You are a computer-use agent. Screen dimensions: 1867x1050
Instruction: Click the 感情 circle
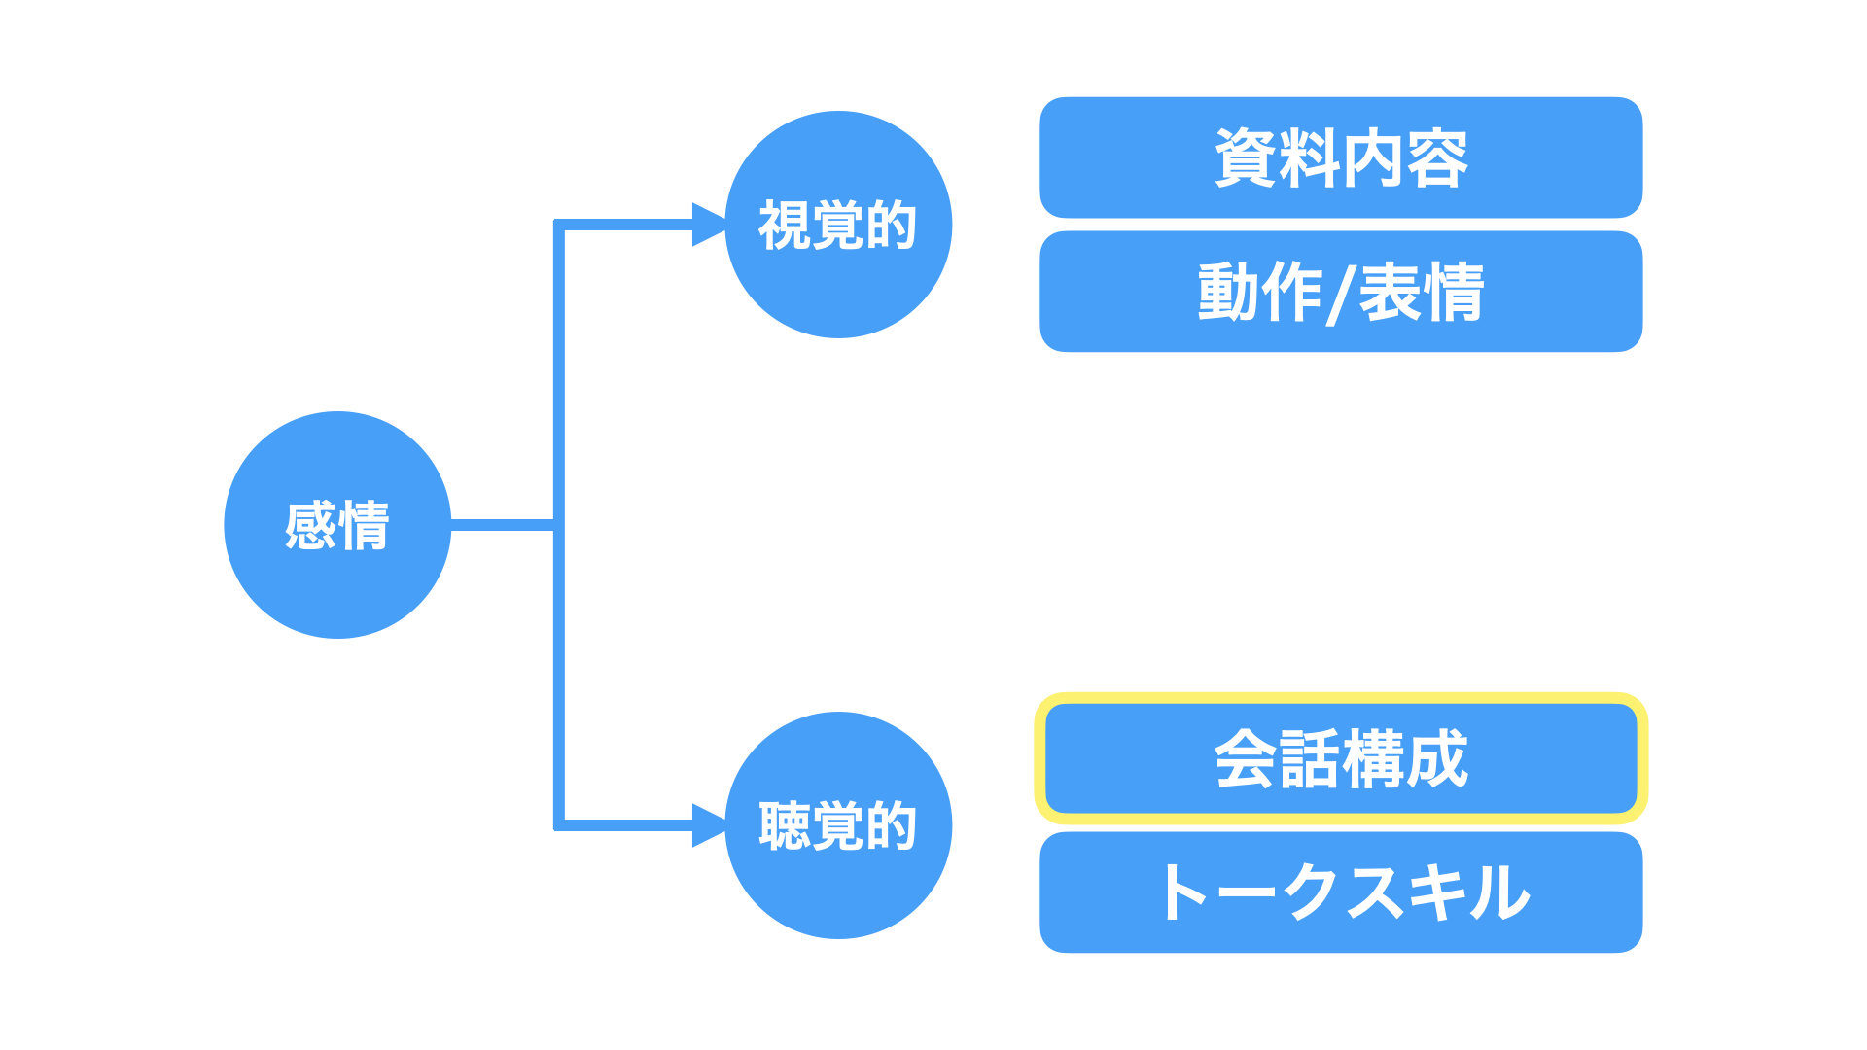pos(337,525)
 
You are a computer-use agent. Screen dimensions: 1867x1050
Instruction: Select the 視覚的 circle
pos(838,225)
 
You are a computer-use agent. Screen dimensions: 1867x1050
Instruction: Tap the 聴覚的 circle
pos(838,825)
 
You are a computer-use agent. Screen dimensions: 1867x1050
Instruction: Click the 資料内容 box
pos(1341,157)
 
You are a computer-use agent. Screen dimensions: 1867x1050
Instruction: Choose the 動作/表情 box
pos(1341,292)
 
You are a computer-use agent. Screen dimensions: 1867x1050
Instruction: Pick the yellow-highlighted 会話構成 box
pos(1341,758)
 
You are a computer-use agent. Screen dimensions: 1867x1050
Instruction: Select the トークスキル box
pos(1341,892)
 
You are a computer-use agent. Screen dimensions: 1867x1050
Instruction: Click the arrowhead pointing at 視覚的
pos(709,225)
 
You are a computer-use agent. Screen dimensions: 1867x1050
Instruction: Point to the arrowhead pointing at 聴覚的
pos(709,825)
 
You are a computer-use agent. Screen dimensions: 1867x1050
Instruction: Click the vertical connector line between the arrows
pos(559,525)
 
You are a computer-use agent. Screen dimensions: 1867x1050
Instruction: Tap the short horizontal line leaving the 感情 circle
pos(503,525)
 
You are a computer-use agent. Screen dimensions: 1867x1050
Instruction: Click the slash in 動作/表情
pos(1341,294)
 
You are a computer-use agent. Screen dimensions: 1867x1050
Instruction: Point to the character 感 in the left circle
pos(311,526)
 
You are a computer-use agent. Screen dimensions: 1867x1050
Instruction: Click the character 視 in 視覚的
pos(785,226)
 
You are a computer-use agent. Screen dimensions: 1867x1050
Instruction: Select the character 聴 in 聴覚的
pos(785,826)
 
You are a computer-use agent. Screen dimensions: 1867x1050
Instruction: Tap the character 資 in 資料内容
pos(1246,158)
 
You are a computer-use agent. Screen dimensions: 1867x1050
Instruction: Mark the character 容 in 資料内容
pos(1437,158)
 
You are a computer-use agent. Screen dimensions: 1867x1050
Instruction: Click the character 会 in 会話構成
pos(1246,759)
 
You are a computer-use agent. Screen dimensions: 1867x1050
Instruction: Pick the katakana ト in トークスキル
pos(1185,892)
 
